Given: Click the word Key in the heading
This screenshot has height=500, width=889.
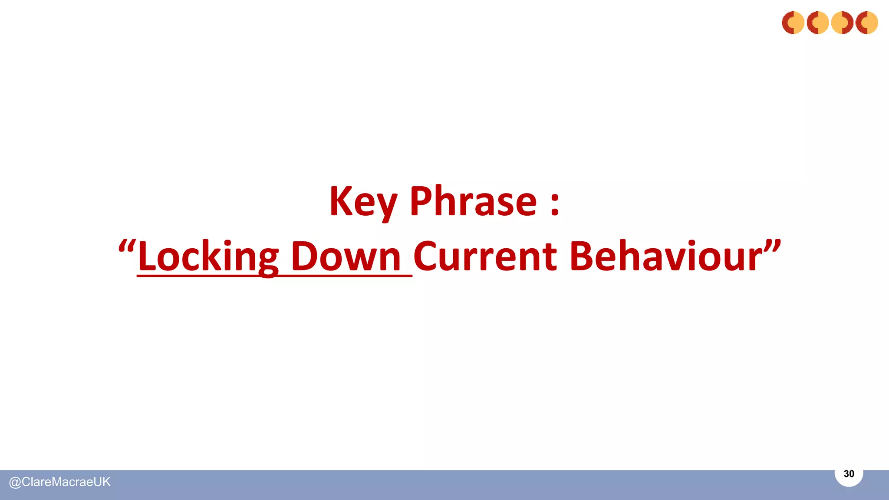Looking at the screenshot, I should [363, 201].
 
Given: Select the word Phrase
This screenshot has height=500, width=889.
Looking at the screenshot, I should [473, 201].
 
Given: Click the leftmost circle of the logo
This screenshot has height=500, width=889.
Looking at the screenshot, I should [793, 23].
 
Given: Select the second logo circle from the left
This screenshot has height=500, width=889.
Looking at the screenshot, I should [818, 23].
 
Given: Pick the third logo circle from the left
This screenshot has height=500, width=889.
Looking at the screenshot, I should [842, 23].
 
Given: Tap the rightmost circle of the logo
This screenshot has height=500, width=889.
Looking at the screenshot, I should [866, 23].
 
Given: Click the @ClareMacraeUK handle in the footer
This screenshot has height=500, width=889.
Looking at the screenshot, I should [60, 482].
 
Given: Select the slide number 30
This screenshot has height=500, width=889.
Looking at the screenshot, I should [849, 474].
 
